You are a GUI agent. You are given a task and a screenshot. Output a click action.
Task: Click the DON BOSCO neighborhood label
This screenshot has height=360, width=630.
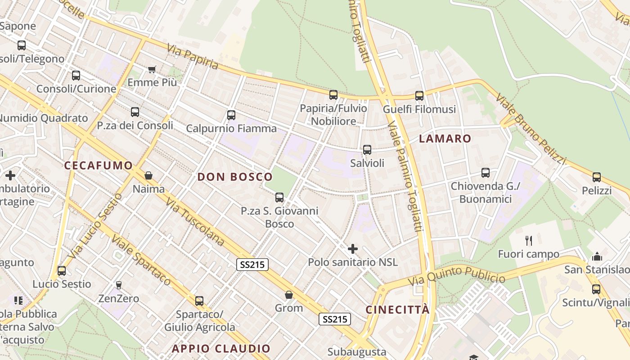coord(235,177)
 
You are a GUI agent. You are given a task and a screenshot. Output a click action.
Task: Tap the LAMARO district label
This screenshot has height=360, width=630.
coord(445,139)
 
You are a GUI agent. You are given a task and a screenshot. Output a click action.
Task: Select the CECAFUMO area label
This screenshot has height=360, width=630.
coord(98,166)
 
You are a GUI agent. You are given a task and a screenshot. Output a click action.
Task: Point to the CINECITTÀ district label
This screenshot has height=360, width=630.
coord(397,310)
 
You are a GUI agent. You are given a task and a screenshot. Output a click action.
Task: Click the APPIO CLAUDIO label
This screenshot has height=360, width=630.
coord(221,349)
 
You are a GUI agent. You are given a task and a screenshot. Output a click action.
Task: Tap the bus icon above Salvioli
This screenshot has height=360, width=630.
coord(367,150)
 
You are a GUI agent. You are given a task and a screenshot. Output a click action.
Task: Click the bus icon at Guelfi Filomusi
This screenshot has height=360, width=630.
coord(419,95)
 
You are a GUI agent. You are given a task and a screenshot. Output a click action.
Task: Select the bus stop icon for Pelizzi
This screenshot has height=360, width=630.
coord(597,177)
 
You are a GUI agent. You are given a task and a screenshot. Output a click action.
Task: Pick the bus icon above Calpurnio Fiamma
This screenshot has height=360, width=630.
coord(231,115)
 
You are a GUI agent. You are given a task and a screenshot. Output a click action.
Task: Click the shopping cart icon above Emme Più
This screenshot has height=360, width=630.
coord(152,70)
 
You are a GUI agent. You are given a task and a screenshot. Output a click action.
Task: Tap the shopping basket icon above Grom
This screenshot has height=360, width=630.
coord(289,295)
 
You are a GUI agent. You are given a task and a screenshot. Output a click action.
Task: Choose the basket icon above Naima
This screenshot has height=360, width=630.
coord(148,175)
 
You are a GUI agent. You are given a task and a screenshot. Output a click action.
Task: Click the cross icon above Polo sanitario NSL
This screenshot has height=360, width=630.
coord(353,248)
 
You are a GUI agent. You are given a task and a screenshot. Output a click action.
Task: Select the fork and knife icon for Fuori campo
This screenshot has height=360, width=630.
coord(529,241)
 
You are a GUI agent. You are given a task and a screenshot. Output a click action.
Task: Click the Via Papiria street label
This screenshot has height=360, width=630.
coord(193,57)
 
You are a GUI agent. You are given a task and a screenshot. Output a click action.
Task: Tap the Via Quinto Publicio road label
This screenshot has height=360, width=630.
coord(456,276)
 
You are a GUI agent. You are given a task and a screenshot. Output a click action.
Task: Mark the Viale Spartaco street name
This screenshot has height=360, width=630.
coord(141,260)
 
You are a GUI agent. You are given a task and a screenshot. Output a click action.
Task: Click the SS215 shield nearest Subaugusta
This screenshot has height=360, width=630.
coord(335,319)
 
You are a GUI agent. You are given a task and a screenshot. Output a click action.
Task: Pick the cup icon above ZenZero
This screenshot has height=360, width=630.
coord(119,285)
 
